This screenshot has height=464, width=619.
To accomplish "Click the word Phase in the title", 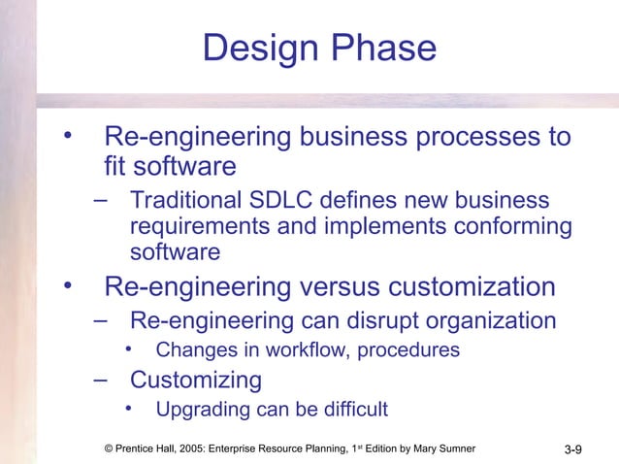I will point(383,48).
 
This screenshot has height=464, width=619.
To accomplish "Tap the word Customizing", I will point(196,379).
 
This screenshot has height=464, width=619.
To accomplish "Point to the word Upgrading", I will point(202,408).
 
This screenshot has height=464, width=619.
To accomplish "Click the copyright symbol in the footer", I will point(108,447).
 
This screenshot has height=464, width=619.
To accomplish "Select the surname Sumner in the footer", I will point(451,447).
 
